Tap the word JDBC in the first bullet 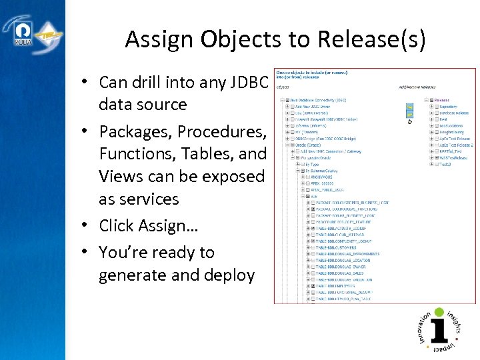tap(248, 82)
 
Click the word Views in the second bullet tap(122, 176)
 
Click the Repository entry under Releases tap(447, 106)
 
